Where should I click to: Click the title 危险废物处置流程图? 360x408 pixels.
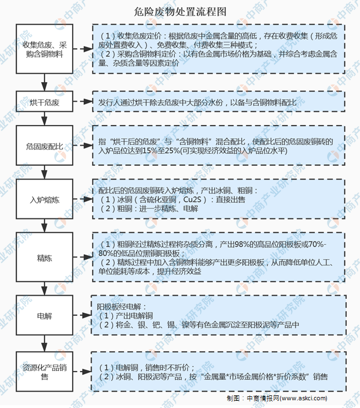pyautogui.click(x=180, y=12)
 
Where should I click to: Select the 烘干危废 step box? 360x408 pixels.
pyautogui.click(x=45, y=101)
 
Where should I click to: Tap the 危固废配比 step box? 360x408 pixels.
pyautogui.click(x=45, y=146)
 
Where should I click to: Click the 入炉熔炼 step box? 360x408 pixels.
pyautogui.click(x=45, y=199)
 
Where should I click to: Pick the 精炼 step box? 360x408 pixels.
pyautogui.click(x=45, y=257)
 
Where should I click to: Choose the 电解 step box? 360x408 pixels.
pyautogui.click(x=45, y=315)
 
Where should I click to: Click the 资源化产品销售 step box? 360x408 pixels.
pyautogui.click(x=45, y=372)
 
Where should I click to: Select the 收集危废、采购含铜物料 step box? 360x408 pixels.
pyautogui.click(x=45, y=49)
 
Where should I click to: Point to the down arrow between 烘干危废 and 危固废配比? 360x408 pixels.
pyautogui.click(x=45, y=119)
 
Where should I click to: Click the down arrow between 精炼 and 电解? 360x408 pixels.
pyautogui.click(x=45, y=289)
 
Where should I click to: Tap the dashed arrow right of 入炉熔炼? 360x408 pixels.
pyautogui.click(x=83, y=199)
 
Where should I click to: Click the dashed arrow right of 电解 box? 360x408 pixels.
pyautogui.click(x=82, y=315)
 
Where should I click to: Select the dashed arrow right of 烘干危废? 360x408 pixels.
pyautogui.click(x=83, y=101)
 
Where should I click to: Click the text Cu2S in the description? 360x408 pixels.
pyautogui.click(x=192, y=200)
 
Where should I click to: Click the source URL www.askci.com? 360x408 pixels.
pyautogui.click(x=304, y=398)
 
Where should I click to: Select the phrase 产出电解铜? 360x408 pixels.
pyautogui.click(x=134, y=315)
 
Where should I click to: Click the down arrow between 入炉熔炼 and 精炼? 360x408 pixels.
pyautogui.click(x=45, y=226)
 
